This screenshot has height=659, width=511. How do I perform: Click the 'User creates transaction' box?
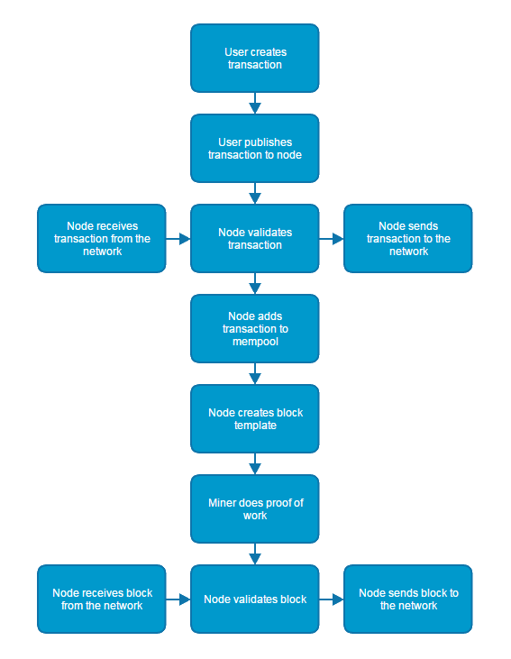point(255,59)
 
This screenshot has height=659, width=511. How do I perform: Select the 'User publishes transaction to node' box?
point(255,149)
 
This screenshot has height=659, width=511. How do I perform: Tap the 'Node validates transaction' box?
point(255,239)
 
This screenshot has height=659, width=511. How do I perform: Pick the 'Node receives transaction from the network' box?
point(102,239)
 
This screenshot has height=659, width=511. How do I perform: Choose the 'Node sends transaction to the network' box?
point(408,239)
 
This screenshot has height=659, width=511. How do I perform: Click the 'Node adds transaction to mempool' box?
point(255,329)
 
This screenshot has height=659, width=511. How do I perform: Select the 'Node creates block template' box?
point(255,419)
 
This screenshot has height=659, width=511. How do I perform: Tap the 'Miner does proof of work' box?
point(255,509)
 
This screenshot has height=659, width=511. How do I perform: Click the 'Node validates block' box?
point(255,600)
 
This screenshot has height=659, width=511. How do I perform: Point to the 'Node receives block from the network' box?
point(102,600)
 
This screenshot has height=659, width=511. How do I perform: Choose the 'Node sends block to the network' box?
point(408,600)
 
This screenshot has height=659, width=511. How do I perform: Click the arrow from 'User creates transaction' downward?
point(255,103)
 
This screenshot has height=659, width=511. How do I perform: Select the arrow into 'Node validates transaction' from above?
point(255,193)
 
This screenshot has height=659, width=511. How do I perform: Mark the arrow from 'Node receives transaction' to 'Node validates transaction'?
point(178,239)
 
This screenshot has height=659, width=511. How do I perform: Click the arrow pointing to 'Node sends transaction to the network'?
point(332,239)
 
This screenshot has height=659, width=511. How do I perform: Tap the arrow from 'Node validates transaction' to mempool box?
point(255,283)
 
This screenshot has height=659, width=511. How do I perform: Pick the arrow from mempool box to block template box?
point(255,373)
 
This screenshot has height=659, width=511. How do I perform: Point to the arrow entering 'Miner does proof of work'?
point(255,463)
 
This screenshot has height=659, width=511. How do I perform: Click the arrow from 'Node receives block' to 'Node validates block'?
point(178,600)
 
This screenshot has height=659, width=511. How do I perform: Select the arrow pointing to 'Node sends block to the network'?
point(332,600)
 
